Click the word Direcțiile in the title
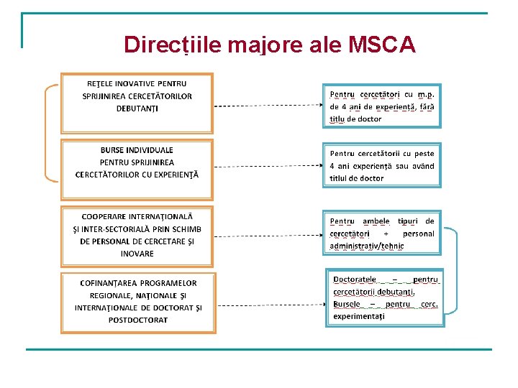click(x=171, y=45)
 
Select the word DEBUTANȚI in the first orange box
click(x=137, y=108)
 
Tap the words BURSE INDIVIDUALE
click(x=137, y=150)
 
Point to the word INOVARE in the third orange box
click(x=137, y=254)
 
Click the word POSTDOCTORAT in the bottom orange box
click(x=138, y=320)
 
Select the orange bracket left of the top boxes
click(x=47, y=131)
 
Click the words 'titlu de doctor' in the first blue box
click(x=355, y=119)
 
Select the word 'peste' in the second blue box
click(x=424, y=153)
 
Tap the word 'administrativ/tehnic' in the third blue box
click(x=367, y=246)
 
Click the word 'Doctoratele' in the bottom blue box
click(x=355, y=279)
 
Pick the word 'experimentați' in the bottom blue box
click(x=359, y=315)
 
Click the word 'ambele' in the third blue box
click(x=376, y=221)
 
